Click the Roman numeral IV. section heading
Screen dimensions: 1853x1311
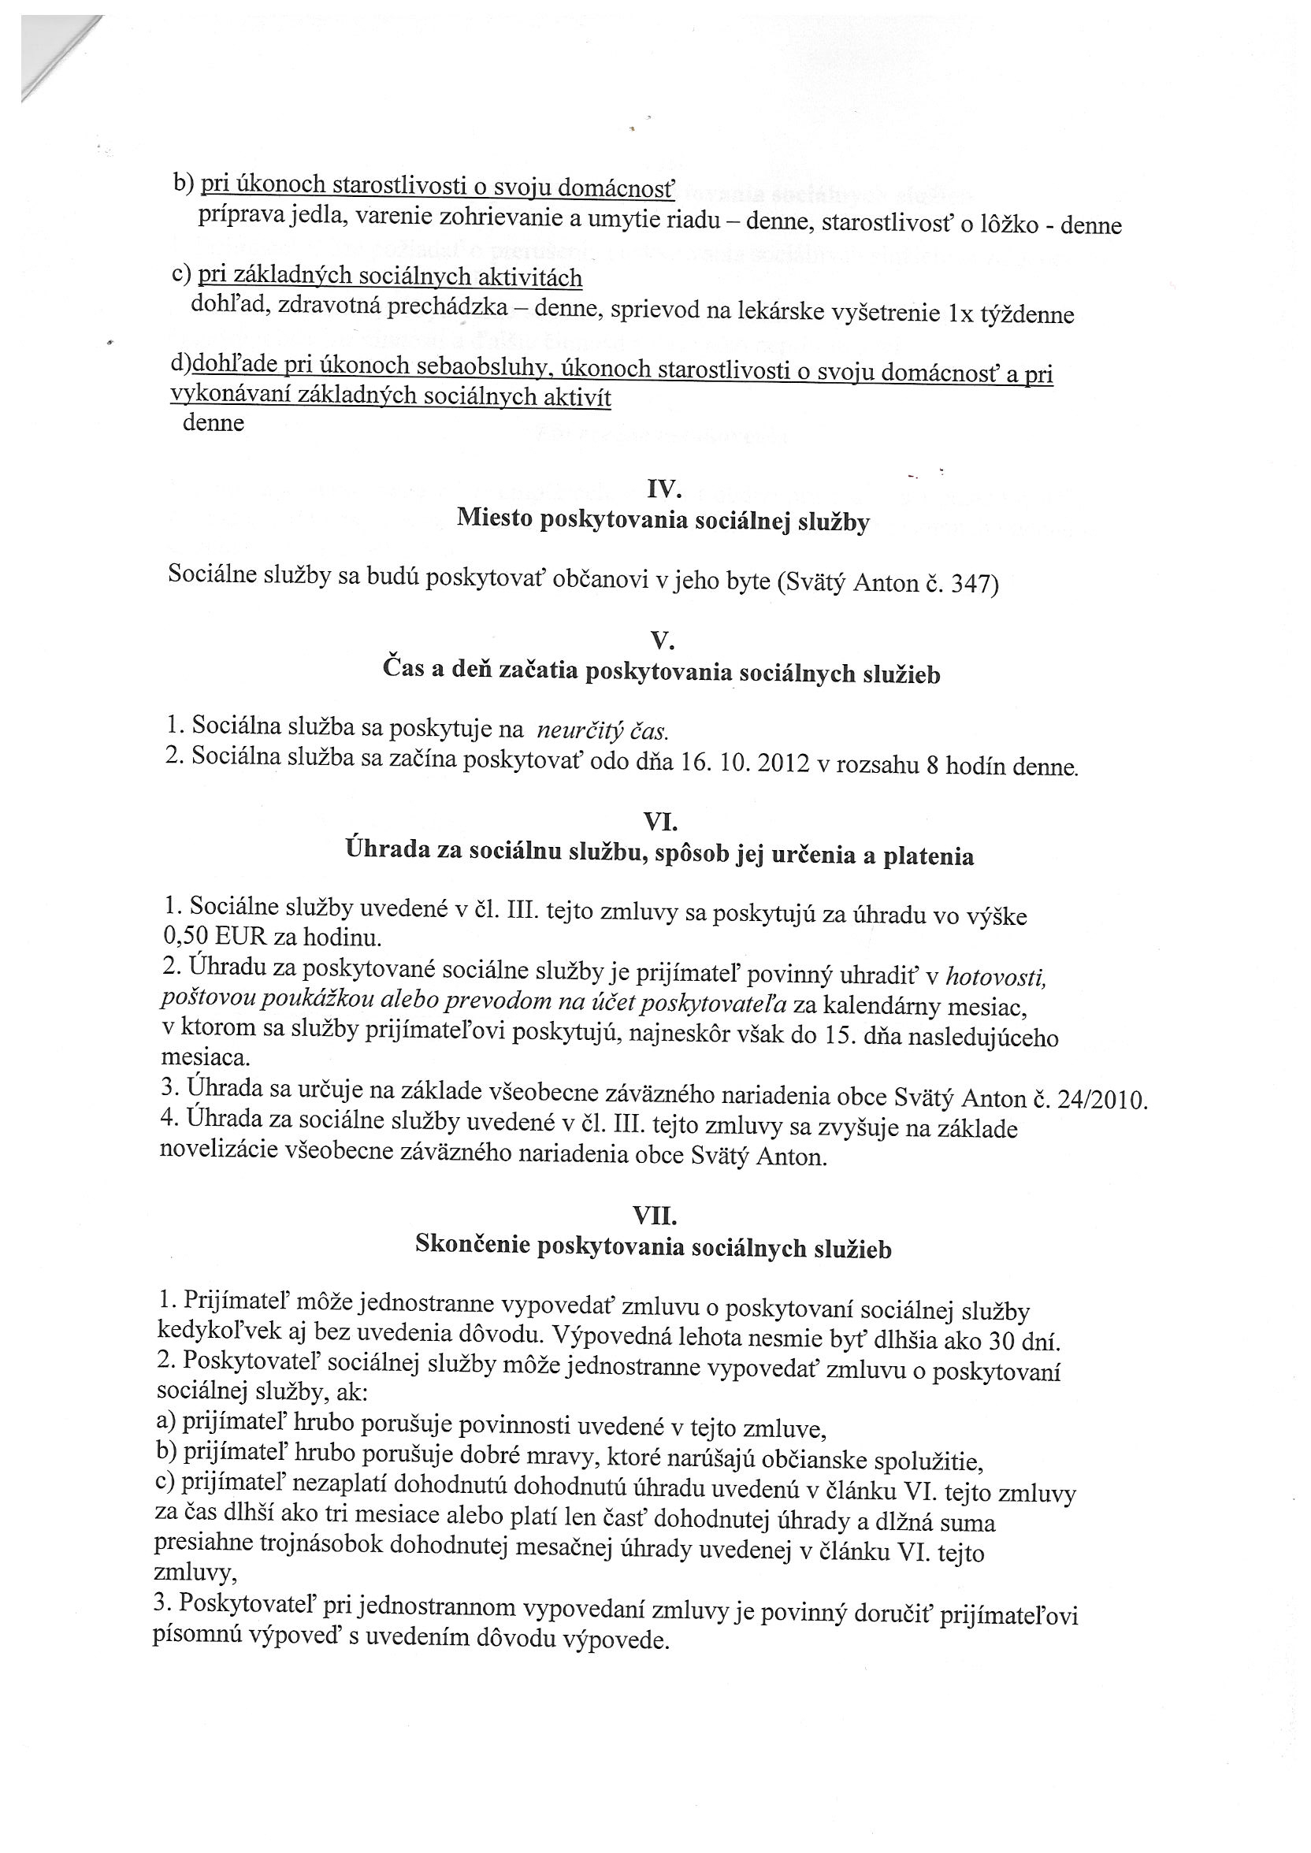(x=663, y=489)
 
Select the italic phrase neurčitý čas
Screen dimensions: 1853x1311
(x=602, y=731)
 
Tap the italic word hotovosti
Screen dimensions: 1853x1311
(x=995, y=978)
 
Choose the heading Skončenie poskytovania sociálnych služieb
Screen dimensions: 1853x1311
(x=653, y=1247)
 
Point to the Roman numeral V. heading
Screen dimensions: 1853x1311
(x=662, y=641)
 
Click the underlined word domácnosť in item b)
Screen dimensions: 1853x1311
(x=617, y=189)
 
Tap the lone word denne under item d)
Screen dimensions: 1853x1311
(x=214, y=423)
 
